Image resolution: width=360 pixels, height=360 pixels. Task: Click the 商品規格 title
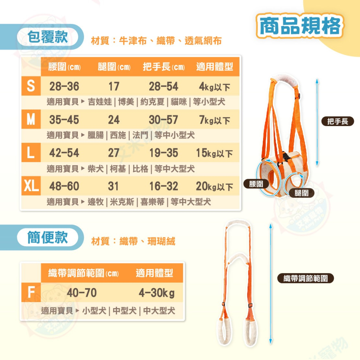coord(300,26)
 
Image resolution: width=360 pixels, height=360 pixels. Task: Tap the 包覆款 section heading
coord(48,37)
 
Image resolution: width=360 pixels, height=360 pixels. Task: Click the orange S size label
coord(31,86)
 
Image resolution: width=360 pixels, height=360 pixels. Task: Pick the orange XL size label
coord(31,186)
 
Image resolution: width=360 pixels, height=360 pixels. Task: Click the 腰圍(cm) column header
coord(65,67)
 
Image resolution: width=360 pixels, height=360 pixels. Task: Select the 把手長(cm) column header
coord(164,67)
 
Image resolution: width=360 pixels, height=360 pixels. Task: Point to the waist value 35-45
coord(64,120)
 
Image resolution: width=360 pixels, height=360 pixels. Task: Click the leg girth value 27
coord(114,153)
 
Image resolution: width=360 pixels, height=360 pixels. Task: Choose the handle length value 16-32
coord(164,186)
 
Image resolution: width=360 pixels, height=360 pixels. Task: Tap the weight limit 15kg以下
coord(215,153)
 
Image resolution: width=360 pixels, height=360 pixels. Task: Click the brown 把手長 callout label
coord(338,122)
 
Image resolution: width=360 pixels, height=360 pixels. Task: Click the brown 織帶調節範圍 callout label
coord(306,278)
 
